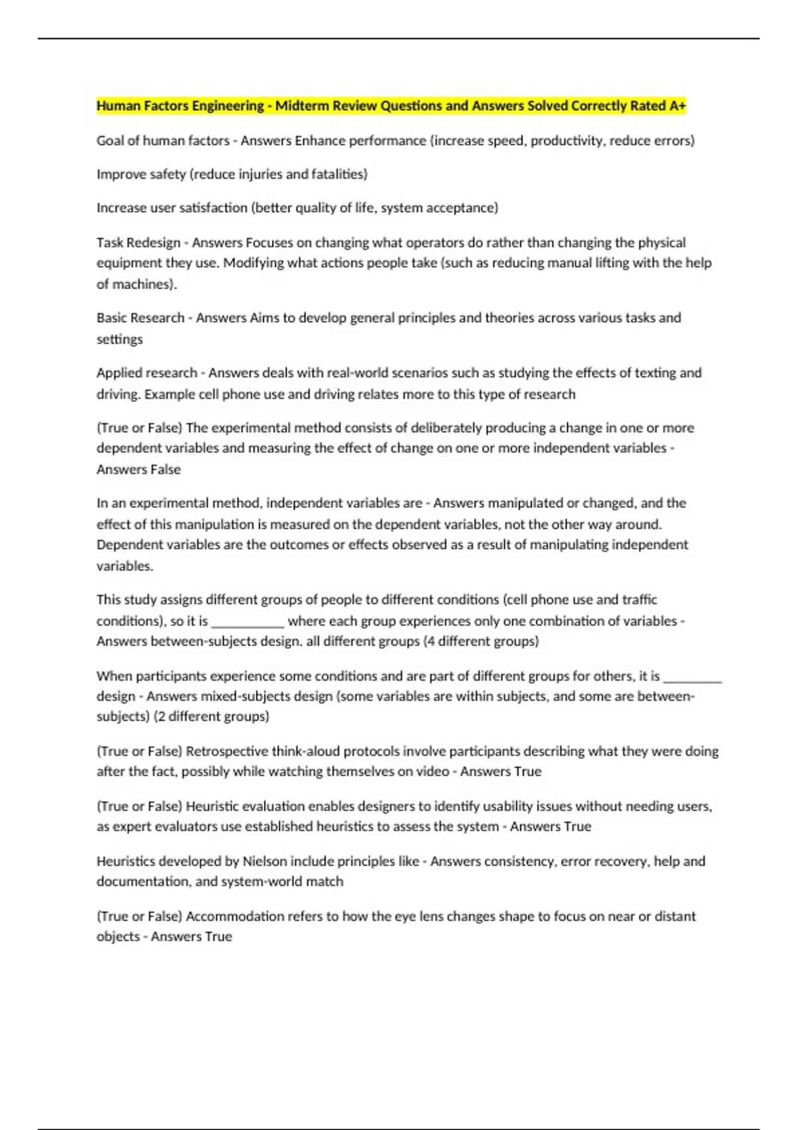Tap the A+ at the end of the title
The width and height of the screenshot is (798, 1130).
click(x=678, y=106)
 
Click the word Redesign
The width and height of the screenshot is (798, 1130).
click(x=154, y=243)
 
